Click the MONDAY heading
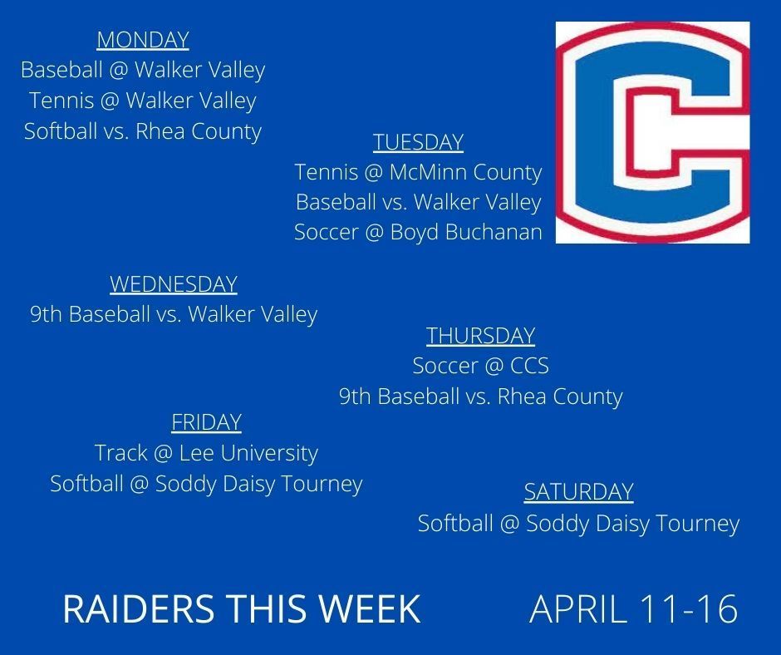pyautogui.click(x=143, y=40)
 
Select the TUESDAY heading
pyautogui.click(x=419, y=142)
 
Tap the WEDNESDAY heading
pyautogui.click(x=174, y=284)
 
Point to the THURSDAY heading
pyautogui.click(x=481, y=336)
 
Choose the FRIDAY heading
pyautogui.click(x=206, y=422)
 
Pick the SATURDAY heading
pyautogui.click(x=579, y=492)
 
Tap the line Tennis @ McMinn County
pyautogui.click(x=419, y=172)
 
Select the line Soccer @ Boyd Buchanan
pyautogui.click(x=419, y=232)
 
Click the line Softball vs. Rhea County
pyautogui.click(x=143, y=131)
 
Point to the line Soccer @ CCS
pyautogui.click(x=481, y=366)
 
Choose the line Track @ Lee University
pyautogui.click(x=206, y=453)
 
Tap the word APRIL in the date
pyautogui.click(x=577, y=608)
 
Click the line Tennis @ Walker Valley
pyautogui.click(x=143, y=101)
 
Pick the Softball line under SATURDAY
pyautogui.click(x=579, y=524)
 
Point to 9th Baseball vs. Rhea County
pyautogui.click(x=481, y=396)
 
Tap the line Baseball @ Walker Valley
pyautogui.click(x=143, y=70)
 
